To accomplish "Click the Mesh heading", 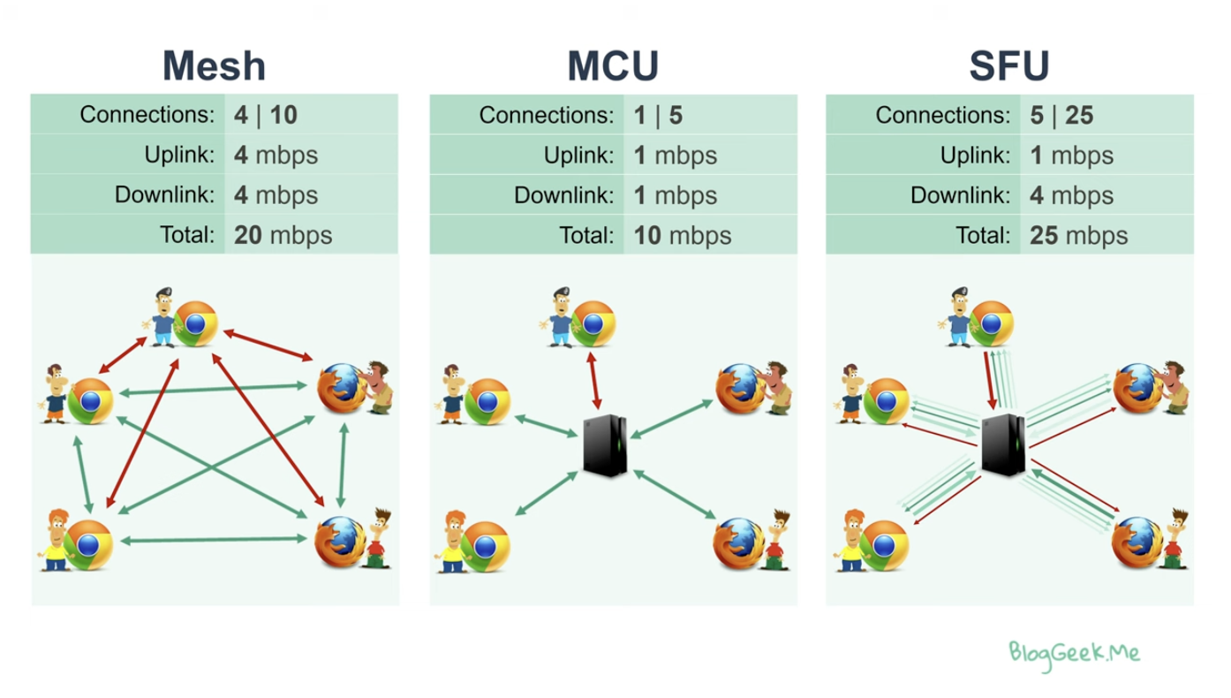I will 214,66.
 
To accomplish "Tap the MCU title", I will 613,66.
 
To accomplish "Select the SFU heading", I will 1009,66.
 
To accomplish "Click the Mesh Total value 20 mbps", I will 283,235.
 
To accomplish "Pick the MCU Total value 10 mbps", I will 682,235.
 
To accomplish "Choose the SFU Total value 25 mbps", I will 1078,235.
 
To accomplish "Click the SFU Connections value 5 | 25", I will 1061,115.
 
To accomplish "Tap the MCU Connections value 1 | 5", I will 658,115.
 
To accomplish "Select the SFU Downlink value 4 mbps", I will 1071,195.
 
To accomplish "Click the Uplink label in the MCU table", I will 578,156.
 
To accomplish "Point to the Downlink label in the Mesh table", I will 165,195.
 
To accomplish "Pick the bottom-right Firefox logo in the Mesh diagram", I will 338,541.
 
